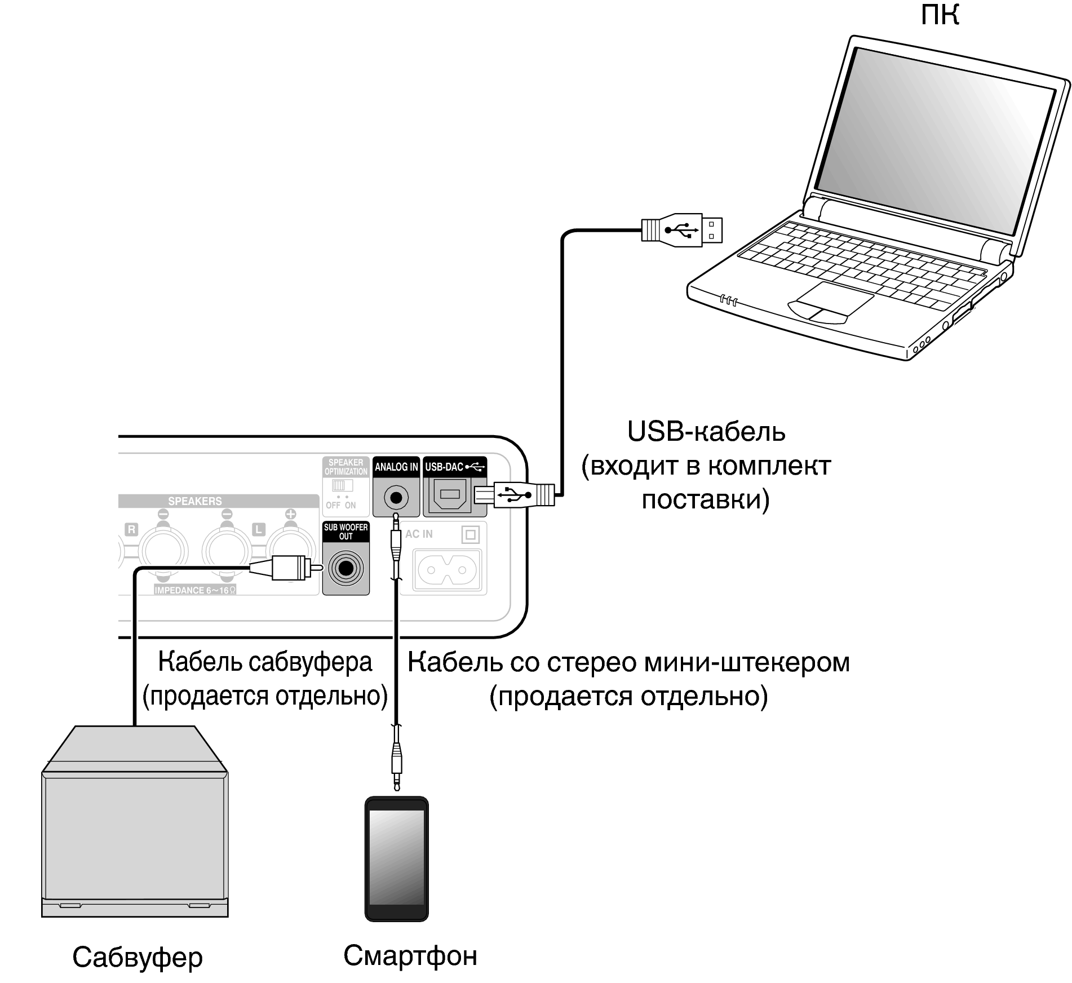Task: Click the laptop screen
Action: (935, 139)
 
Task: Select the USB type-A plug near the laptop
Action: (682, 230)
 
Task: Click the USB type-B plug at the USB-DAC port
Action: (514, 495)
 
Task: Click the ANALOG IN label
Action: (396, 467)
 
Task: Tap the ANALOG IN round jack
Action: (396, 498)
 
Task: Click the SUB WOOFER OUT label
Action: (345, 532)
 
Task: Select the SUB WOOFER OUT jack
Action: (345, 568)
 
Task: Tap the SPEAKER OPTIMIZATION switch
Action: (342, 485)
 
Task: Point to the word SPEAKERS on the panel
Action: (195, 501)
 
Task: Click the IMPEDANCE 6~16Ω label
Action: (195, 590)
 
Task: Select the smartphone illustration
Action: (397, 859)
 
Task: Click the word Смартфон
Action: (410, 955)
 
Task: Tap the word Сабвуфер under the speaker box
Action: (138, 957)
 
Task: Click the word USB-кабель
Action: (706, 431)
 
